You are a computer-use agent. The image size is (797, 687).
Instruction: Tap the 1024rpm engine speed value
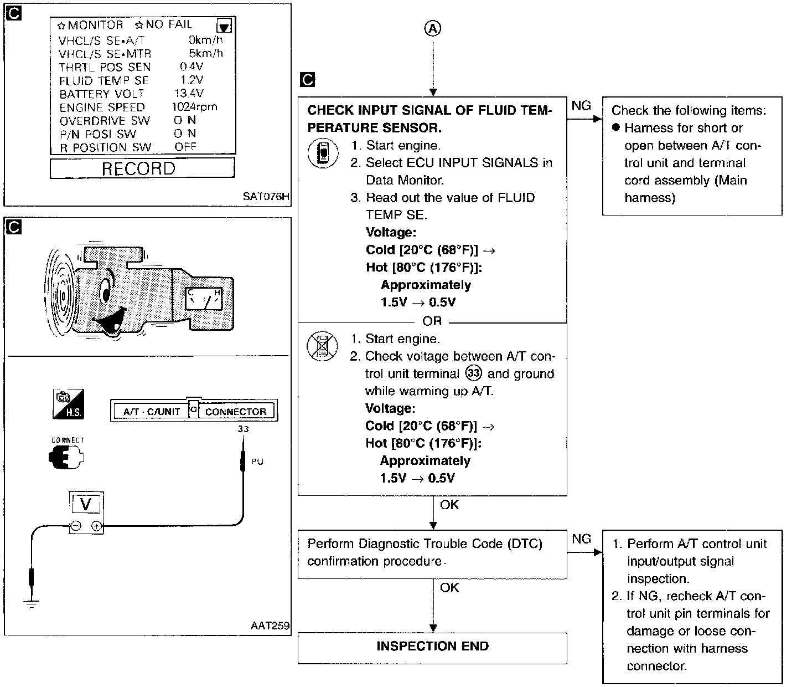(x=194, y=107)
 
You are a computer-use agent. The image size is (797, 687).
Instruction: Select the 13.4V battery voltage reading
(x=189, y=93)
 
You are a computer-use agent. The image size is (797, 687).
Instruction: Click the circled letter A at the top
(x=433, y=29)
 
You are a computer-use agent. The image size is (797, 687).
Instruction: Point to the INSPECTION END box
(x=432, y=647)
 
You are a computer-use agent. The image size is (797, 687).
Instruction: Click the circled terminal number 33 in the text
(x=474, y=373)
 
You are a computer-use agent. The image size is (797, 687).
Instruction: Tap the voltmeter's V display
(x=86, y=504)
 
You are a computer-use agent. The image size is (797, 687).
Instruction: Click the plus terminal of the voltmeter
(x=96, y=526)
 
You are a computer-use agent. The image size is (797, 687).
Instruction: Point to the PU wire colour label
(x=257, y=461)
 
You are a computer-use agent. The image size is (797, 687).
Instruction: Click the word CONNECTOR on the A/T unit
(x=236, y=412)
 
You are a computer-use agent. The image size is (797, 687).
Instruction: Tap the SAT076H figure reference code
(x=266, y=196)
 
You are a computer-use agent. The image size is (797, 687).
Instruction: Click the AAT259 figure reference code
(x=270, y=626)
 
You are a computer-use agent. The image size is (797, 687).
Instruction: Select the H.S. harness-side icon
(x=68, y=404)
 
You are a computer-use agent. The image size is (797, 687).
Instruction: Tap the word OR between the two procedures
(x=432, y=321)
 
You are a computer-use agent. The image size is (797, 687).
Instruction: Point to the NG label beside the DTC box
(x=581, y=539)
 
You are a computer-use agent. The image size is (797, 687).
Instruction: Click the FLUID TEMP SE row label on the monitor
(x=104, y=80)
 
